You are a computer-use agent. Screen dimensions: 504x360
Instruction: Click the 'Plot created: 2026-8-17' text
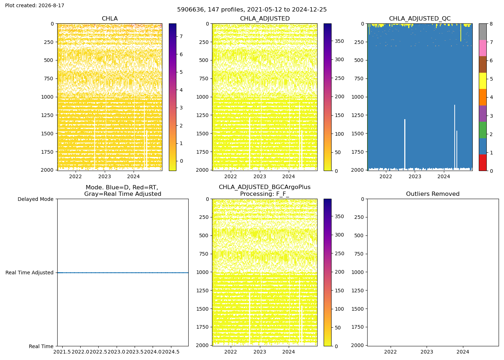coord(35,5)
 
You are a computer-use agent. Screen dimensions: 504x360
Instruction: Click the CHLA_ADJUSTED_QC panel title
coord(420,18)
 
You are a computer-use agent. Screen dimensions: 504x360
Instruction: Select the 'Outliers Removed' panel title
coord(433,194)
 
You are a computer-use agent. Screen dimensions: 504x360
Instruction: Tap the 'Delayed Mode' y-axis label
coord(36,199)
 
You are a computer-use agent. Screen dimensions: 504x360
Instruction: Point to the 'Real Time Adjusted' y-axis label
coord(30,273)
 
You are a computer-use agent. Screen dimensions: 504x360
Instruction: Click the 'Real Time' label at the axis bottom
coord(41,346)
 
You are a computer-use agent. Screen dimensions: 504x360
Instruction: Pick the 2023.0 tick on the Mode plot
coord(117,352)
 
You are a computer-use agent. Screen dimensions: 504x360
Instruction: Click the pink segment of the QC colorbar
coord(483,48)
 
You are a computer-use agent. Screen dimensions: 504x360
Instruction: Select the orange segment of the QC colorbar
coord(483,97)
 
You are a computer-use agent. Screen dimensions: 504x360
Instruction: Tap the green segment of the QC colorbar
coord(483,130)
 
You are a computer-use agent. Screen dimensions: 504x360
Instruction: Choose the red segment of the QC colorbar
coord(483,163)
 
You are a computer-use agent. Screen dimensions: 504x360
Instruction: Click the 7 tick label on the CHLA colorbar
coord(181,36)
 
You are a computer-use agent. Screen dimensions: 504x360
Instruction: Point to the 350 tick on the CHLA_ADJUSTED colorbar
coord(339,41)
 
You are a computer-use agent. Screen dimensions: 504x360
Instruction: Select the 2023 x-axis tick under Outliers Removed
coord(427,352)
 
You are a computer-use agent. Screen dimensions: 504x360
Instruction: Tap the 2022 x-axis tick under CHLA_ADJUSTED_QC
coord(386,177)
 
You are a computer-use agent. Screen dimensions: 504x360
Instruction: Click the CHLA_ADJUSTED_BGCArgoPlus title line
coord(265,187)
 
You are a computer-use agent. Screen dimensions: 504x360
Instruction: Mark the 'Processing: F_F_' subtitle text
coord(265,194)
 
